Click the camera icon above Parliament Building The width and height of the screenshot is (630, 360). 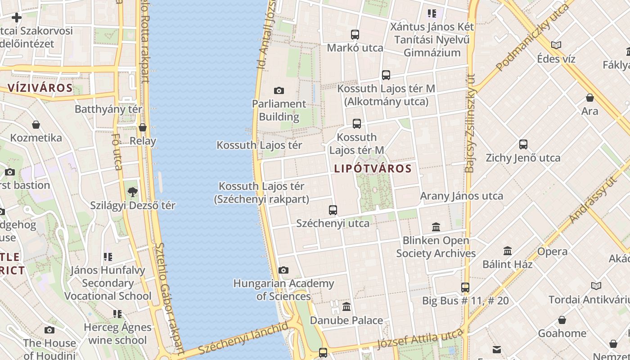pyautogui.click(x=279, y=90)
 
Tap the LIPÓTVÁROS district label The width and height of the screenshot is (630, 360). pyautogui.click(x=373, y=169)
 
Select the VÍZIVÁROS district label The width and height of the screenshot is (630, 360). pyautogui.click(x=40, y=88)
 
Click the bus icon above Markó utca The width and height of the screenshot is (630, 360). pyautogui.click(x=355, y=34)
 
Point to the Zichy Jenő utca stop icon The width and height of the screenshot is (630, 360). pyautogui.click(x=523, y=144)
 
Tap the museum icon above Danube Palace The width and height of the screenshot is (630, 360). pyautogui.click(x=346, y=307)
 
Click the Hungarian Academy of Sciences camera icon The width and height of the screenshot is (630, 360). pyautogui.click(x=283, y=270)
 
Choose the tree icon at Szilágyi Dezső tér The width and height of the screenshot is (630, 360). pyautogui.click(x=132, y=192)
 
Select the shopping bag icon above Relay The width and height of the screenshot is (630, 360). pyautogui.click(x=143, y=128)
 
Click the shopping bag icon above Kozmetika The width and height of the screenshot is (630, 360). pyautogui.click(x=36, y=125)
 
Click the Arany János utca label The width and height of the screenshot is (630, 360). pyautogui.click(x=461, y=196)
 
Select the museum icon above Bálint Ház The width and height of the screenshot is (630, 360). pyautogui.click(x=508, y=251)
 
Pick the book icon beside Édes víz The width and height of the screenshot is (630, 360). pyautogui.click(x=556, y=45)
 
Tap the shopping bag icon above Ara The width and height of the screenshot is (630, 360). pyautogui.click(x=589, y=98)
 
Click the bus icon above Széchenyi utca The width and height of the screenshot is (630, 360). pyautogui.click(x=333, y=210)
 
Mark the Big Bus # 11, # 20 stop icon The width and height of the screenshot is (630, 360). pyautogui.click(x=465, y=287)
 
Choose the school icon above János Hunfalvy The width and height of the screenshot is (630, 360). pyautogui.click(x=108, y=257)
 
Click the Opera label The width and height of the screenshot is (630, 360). pyautogui.click(x=552, y=252)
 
